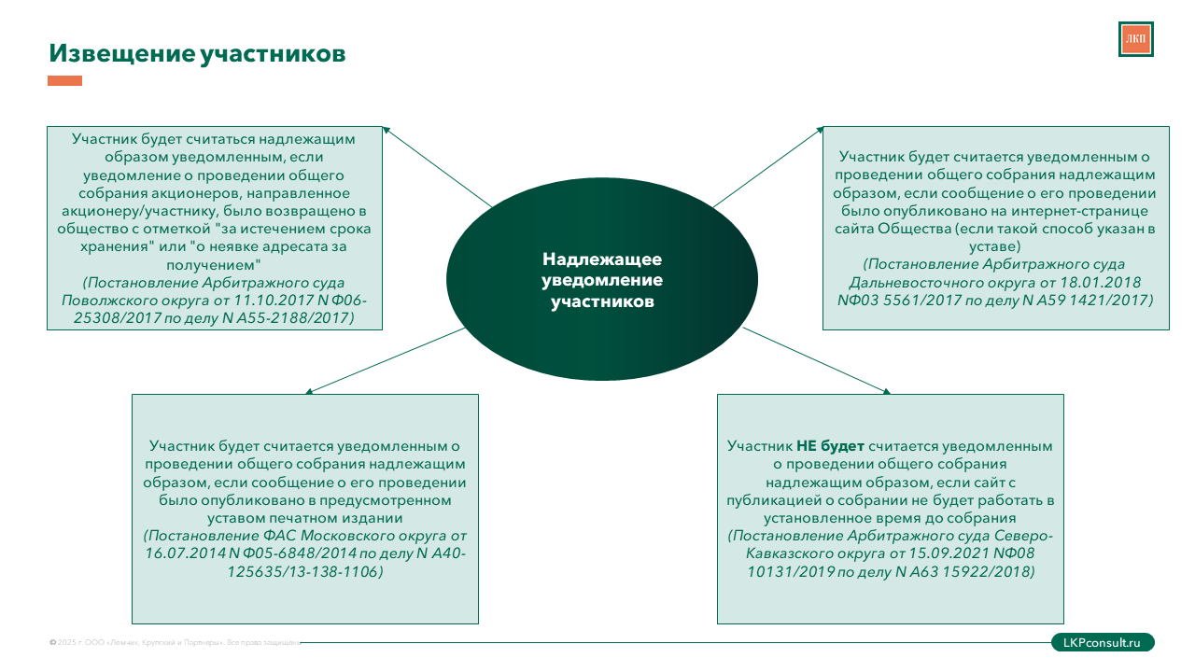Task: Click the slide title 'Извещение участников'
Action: tap(197, 54)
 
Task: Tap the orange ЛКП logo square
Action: tap(1135, 39)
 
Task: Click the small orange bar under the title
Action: tap(64, 81)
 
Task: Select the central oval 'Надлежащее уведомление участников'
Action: tap(602, 280)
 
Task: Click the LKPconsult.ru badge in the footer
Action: tap(1103, 642)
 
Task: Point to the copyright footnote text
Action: tap(174, 643)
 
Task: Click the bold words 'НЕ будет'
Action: tap(830, 446)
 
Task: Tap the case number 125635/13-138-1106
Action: tap(304, 571)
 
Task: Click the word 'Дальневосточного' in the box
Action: tap(908, 282)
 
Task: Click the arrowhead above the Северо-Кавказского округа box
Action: tap(886, 391)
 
